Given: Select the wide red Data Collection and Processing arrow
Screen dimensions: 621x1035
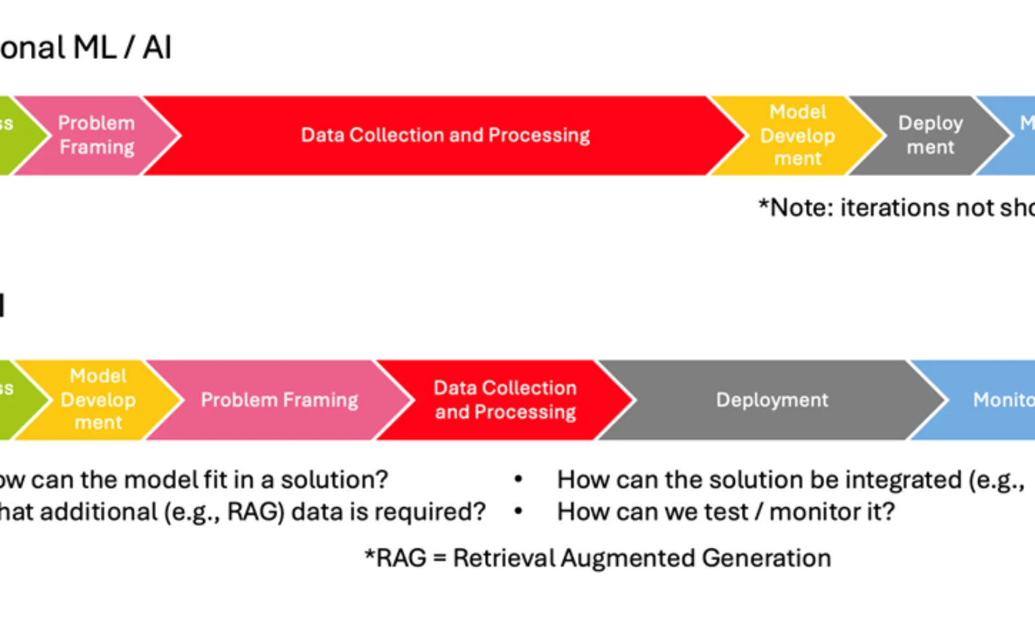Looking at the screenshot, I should [445, 135].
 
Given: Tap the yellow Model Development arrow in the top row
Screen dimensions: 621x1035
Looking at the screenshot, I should [798, 135].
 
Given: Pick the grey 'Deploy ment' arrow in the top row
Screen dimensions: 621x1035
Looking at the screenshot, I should [930, 135].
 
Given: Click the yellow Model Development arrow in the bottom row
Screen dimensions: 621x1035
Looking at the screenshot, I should [98, 399].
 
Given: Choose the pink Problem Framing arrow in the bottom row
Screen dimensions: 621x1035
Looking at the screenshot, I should [279, 400].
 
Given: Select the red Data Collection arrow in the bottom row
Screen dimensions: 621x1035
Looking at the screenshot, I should [505, 400].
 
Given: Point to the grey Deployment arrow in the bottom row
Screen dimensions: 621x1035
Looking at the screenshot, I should [772, 400].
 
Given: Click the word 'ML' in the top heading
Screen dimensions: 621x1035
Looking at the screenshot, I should [94, 48].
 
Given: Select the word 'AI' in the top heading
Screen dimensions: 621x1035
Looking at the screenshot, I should [157, 48].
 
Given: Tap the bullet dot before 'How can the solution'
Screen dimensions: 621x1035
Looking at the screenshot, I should [518, 479].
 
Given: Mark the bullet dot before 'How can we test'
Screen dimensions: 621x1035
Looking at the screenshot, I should [518, 512].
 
